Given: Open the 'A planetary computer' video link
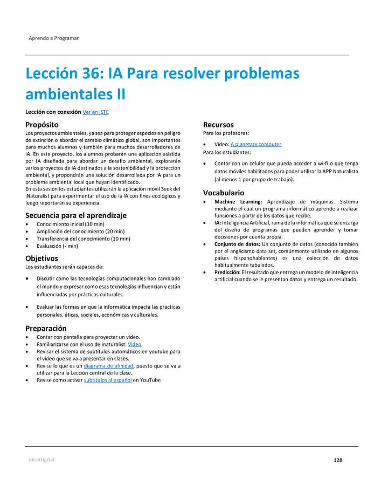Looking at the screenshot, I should (255, 144).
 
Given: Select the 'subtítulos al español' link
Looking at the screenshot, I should (108, 380).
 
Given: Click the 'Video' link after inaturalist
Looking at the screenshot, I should (135, 344).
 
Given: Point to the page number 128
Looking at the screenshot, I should (338, 460).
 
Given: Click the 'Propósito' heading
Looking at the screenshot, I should (42, 125).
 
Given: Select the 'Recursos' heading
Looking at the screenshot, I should (218, 125).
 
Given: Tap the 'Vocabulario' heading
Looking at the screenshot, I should (224, 193).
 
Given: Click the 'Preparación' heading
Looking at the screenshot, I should (46, 328).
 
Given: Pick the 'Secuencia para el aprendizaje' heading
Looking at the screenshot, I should (76, 215).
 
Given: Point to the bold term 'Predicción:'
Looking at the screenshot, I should (227, 272).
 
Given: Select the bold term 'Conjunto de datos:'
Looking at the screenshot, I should (237, 244).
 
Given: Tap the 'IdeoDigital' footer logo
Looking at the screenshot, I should (41, 460).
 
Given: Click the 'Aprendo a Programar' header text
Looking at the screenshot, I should (53, 38).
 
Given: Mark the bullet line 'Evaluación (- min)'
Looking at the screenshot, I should (57, 246).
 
